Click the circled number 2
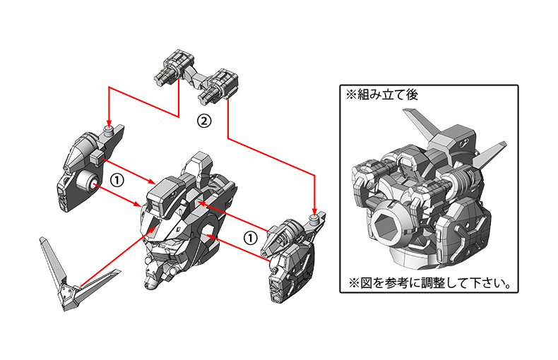point(204,121)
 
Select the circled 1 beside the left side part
point(117,181)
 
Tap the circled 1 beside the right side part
point(251,238)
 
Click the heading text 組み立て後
point(387,95)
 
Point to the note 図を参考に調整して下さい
point(435,284)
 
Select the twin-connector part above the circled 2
point(196,77)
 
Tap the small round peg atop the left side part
point(109,129)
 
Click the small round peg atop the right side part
point(313,218)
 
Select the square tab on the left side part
point(97,157)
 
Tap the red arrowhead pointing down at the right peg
point(314,211)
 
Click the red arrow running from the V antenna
point(118,256)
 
